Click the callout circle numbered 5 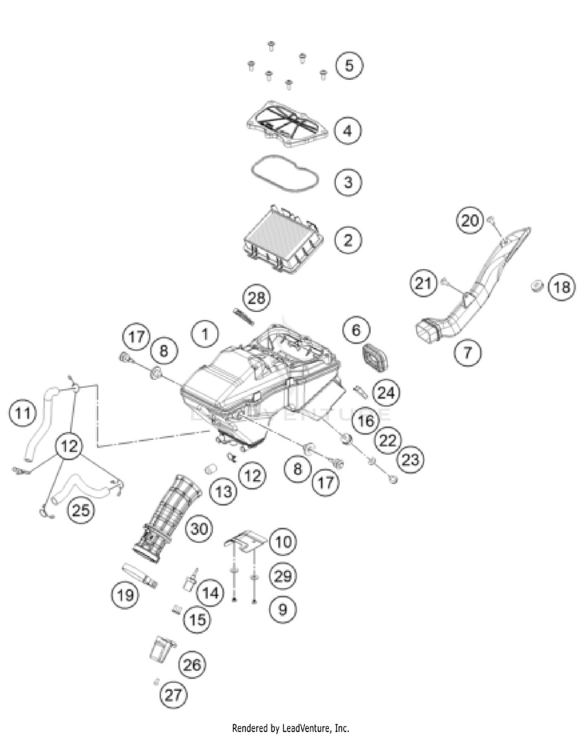pos(348,65)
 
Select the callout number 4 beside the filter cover pos(348,130)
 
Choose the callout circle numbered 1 pos(205,334)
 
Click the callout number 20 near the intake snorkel pos(469,221)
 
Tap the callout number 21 pos(423,285)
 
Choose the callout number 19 pos(124,594)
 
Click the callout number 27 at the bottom pos(174,694)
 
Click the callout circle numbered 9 pos(282,610)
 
